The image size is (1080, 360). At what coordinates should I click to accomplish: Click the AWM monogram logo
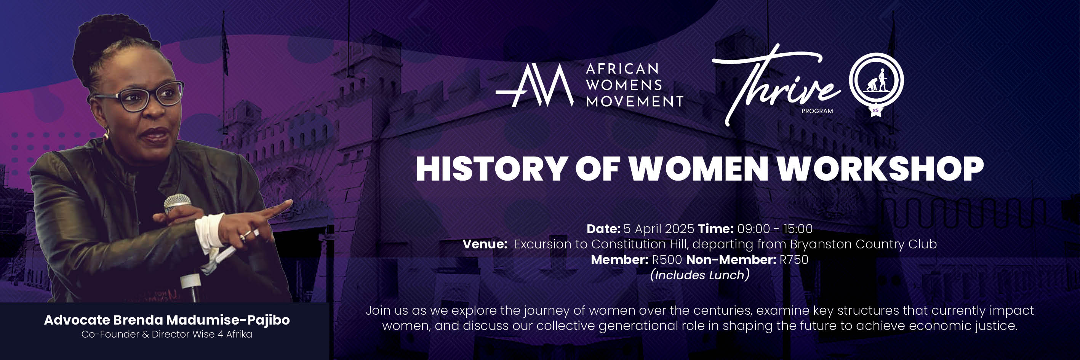(534, 86)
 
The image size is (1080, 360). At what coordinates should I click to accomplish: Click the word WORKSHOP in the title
(880, 169)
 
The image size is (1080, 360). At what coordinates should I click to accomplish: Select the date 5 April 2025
(659, 229)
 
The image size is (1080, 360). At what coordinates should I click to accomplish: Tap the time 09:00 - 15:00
(775, 229)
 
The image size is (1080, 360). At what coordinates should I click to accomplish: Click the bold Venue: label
(485, 244)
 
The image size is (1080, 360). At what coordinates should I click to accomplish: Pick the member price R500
(667, 260)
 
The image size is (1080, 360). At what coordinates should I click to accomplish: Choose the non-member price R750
(794, 260)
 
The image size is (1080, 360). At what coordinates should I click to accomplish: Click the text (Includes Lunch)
(700, 275)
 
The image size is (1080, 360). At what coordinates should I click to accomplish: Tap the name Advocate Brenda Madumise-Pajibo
(167, 320)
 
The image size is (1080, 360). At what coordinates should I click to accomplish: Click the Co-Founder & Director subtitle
(167, 334)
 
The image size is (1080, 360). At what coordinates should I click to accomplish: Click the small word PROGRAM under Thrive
(817, 112)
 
